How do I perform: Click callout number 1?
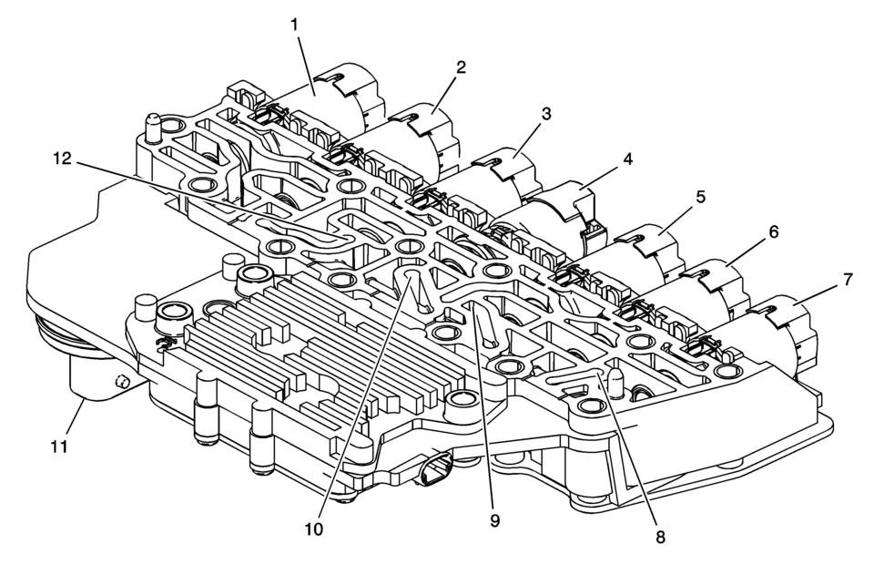click(294, 25)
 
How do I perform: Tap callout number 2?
click(461, 67)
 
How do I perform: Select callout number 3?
click(546, 114)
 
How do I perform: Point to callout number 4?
click(627, 159)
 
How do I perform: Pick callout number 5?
click(701, 196)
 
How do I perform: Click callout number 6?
click(773, 231)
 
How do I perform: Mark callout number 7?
click(848, 279)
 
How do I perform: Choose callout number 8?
click(660, 537)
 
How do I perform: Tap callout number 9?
click(495, 521)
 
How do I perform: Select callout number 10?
click(314, 529)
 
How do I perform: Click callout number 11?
click(59, 447)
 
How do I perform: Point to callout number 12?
click(62, 159)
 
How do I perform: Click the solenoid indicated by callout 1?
click(329, 106)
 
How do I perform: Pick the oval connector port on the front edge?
click(435, 471)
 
